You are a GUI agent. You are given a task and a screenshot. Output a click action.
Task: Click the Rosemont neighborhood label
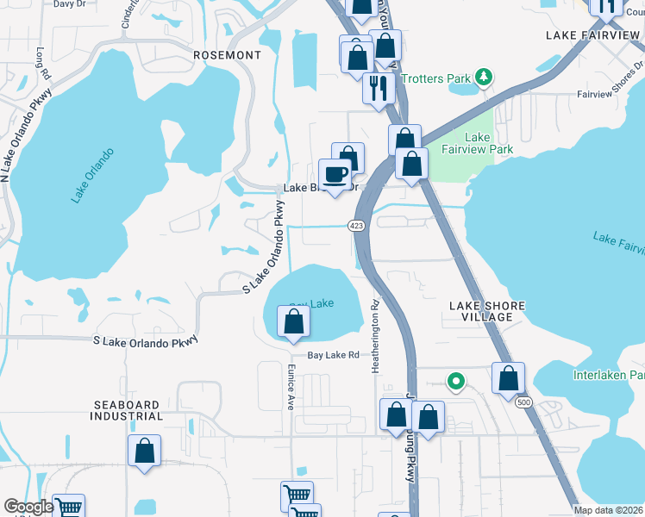pos(227,55)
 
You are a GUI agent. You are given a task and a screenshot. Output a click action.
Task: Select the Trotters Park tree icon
pos(485,78)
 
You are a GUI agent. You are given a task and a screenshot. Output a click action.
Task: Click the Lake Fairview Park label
pos(489,143)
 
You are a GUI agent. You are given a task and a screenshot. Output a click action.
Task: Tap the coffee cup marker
pos(335,175)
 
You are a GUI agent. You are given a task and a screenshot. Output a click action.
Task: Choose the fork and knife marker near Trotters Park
pos(378,88)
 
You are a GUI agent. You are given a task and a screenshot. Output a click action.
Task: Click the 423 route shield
pos(355,226)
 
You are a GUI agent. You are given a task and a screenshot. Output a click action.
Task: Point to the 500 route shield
pos(523,402)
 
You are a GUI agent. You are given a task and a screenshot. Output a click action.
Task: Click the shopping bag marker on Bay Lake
pos(293,322)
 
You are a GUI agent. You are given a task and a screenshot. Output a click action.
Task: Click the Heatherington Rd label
pos(376,336)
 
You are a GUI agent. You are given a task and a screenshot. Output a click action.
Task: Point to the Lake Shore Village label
pos(481,311)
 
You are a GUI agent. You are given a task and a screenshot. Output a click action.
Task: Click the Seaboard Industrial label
pos(126,410)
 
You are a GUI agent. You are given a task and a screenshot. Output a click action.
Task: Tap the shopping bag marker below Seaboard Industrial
pos(145,451)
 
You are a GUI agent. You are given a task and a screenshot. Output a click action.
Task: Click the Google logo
pos(28,507)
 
